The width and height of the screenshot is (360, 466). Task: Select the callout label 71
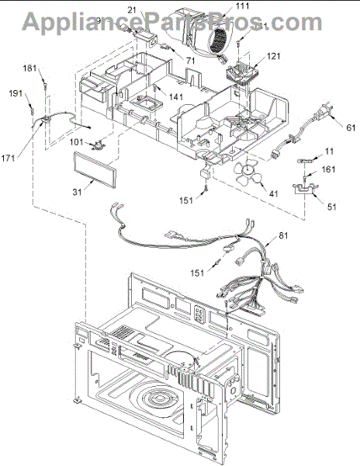190,59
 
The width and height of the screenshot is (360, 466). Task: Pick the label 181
51,69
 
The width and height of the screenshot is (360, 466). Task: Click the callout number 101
76,142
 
